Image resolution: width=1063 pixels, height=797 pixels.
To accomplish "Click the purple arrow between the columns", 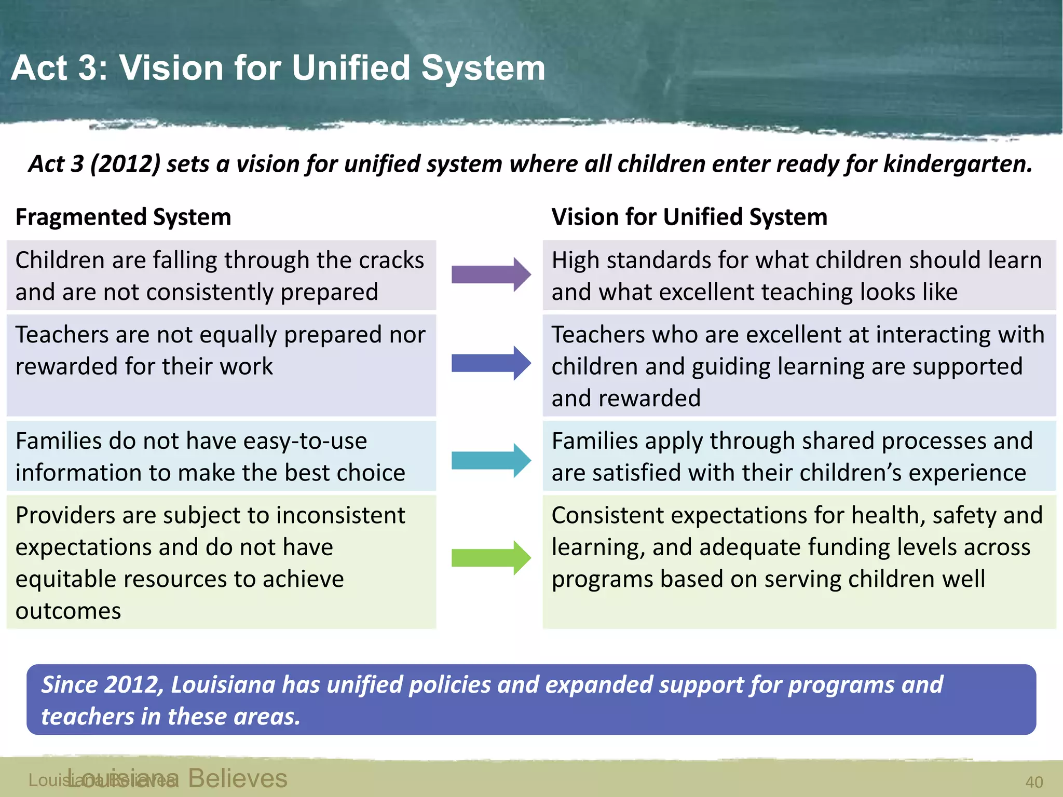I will point(490,274).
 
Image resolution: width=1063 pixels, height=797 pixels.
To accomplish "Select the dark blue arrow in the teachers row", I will point(490,363).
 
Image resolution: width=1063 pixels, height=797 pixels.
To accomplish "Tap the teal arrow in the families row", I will point(490,460).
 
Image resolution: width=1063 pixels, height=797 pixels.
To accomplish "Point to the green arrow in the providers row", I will point(490,558).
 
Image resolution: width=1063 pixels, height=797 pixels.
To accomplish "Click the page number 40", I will point(1034,782).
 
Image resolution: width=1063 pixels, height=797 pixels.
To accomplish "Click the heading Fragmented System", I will point(123,217).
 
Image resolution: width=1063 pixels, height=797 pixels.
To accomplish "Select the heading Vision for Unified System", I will point(689,217).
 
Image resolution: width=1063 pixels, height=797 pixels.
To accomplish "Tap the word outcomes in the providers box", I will point(68,611).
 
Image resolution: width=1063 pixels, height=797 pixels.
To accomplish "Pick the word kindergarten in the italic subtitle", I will point(958,164).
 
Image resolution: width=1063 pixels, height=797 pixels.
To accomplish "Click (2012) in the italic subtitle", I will point(125,164).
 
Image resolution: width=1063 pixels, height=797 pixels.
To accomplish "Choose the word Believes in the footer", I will point(237,778).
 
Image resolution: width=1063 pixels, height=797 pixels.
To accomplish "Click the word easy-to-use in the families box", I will point(305,441).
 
